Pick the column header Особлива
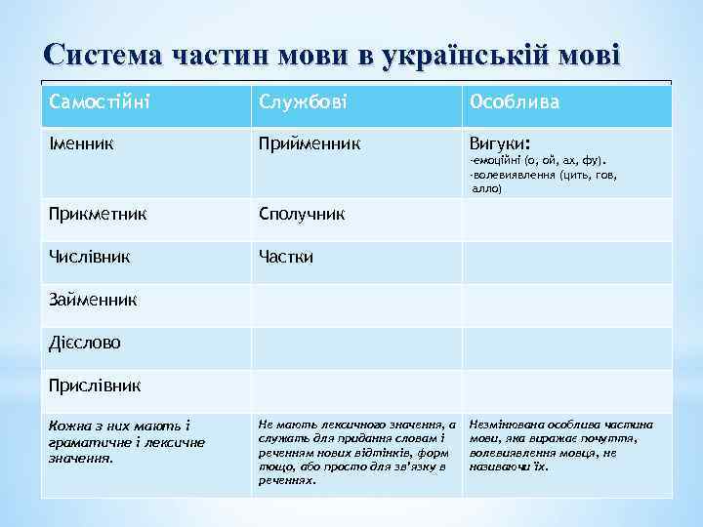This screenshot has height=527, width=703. (515, 101)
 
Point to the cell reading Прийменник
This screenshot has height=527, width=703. (309, 144)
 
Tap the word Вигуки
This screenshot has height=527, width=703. (499, 143)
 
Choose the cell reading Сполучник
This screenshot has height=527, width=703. (301, 214)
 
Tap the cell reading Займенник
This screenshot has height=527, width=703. (93, 299)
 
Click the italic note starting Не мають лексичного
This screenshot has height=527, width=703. (356, 452)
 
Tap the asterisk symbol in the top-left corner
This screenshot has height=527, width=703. (12, 12)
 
